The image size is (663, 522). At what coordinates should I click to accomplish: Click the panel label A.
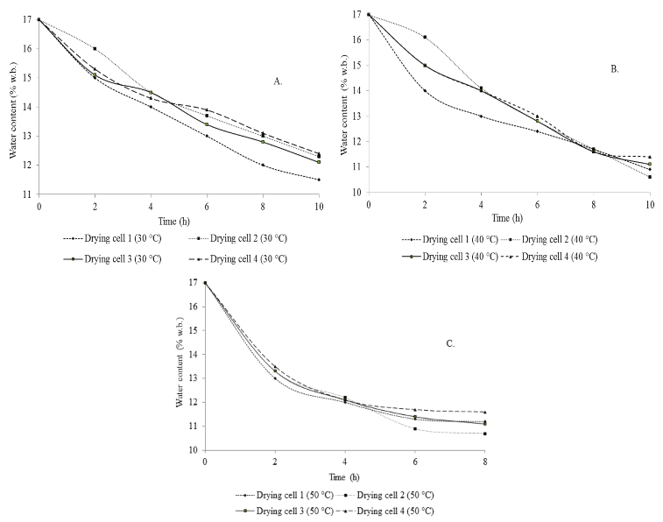tap(279, 81)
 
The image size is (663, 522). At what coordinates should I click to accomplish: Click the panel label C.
tap(450, 343)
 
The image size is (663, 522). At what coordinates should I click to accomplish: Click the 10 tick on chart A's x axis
tap(319, 206)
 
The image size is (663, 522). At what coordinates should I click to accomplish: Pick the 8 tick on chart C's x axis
tap(484, 462)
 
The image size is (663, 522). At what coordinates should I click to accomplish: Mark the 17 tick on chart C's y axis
tap(194, 283)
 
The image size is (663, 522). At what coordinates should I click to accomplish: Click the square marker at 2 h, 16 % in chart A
tap(95, 49)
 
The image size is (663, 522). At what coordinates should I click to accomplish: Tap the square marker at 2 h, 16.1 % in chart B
tap(425, 37)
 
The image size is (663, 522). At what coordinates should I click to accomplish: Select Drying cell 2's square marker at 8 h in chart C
tap(484, 434)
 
